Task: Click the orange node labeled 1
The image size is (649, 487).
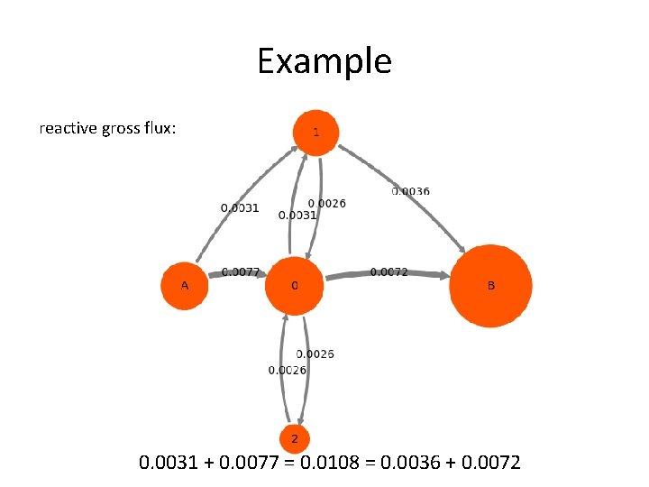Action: pyautogui.click(x=315, y=132)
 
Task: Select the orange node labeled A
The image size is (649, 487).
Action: pyautogui.click(x=185, y=286)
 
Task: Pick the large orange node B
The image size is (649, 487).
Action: pyautogui.click(x=490, y=285)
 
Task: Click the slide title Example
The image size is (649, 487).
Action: pyautogui.click(x=324, y=61)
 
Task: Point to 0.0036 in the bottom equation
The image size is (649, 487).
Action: pyautogui.click(x=399, y=464)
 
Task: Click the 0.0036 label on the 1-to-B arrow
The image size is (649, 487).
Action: pyautogui.click(x=410, y=191)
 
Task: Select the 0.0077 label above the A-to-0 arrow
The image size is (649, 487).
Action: pyautogui.click(x=241, y=271)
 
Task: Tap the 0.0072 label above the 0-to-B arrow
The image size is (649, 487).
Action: pyautogui.click(x=389, y=271)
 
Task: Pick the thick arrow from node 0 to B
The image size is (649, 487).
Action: pyautogui.click(x=388, y=276)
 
